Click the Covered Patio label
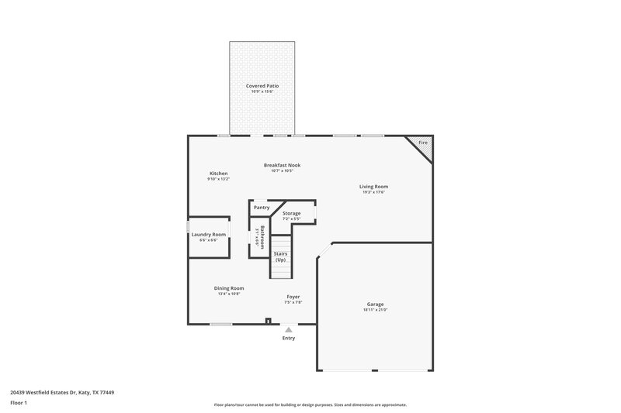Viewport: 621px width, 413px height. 262,85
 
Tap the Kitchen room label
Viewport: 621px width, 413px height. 218,173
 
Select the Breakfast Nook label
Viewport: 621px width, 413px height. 282,165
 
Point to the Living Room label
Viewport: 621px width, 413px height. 373,186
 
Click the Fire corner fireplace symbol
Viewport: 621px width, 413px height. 423,143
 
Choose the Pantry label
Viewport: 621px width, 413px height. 262,208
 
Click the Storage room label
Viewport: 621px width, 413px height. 292,213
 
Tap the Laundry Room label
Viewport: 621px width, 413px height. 209,234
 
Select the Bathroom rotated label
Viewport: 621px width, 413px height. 262,236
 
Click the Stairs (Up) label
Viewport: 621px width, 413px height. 280,256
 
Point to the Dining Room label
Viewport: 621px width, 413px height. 229,288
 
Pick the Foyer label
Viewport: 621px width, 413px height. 293,297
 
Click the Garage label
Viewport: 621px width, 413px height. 375,305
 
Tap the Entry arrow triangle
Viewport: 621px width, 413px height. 289,329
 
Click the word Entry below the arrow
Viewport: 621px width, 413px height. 289,338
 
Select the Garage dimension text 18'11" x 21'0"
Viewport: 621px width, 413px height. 375,310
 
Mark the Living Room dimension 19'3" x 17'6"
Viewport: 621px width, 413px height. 373,192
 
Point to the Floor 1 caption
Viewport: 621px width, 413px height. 19,404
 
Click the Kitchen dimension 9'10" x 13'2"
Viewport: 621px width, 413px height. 218,179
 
